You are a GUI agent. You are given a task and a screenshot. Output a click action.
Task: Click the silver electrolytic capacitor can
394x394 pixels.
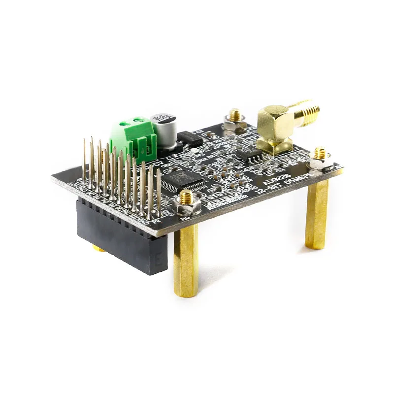163,129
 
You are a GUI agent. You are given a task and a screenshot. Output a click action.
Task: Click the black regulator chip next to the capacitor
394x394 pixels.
189,138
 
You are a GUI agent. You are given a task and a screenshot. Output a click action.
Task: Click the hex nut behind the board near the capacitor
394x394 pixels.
235,121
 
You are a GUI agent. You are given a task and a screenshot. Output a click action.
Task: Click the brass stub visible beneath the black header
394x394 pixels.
98,249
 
